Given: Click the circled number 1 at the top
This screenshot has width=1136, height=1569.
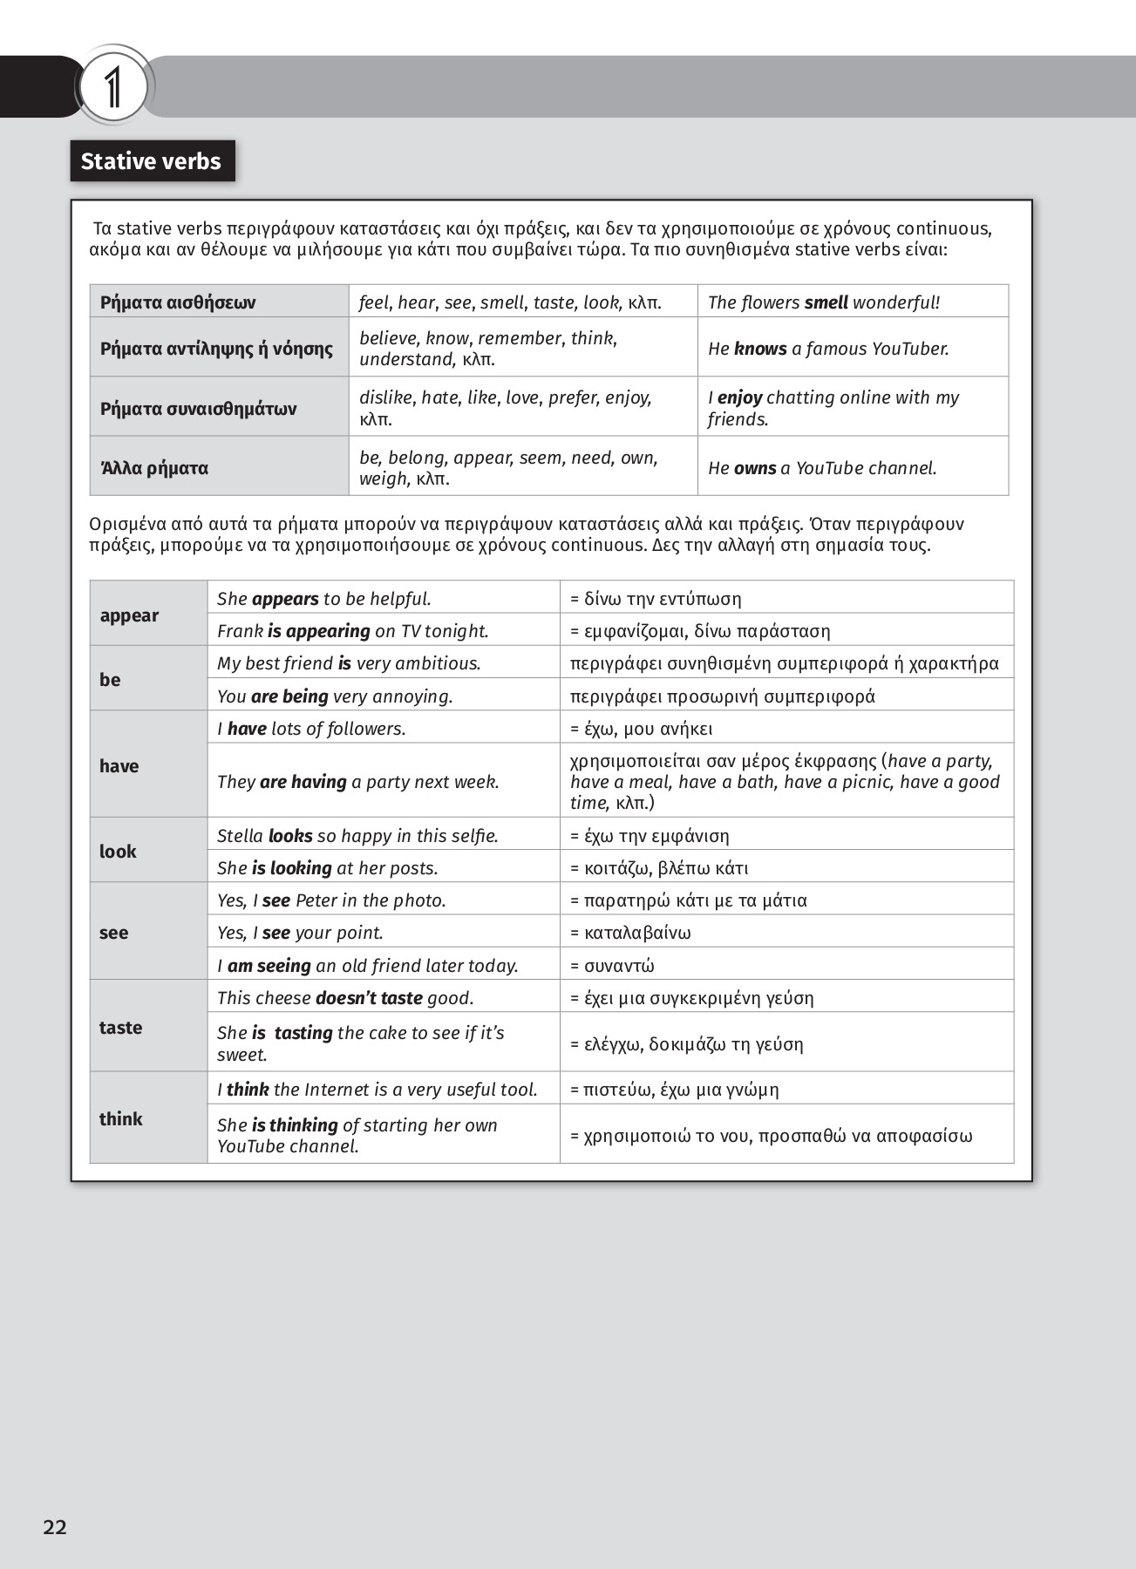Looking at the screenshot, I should pyautogui.click(x=113, y=87).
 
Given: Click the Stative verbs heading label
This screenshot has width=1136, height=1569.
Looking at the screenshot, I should pyautogui.click(x=152, y=161).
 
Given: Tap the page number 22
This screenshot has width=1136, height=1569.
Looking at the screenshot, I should pyautogui.click(x=55, y=1526).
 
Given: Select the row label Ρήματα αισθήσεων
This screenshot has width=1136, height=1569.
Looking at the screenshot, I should pyautogui.click(x=178, y=302).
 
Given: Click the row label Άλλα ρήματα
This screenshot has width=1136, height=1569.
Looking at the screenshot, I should pyautogui.click(x=154, y=468).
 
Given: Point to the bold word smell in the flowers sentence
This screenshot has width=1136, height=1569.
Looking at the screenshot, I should pyautogui.click(x=826, y=302).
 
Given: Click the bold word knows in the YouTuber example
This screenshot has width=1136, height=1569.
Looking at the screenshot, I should pyautogui.click(x=760, y=349).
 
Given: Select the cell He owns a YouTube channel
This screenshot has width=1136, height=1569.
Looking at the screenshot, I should pyautogui.click(x=822, y=468).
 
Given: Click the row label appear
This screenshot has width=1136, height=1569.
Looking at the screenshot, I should pyautogui.click(x=129, y=615).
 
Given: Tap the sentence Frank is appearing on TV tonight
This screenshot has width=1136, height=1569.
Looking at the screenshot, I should pyautogui.click(x=352, y=631).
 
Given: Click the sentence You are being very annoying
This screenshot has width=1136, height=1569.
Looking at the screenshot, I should pyautogui.click(x=335, y=696).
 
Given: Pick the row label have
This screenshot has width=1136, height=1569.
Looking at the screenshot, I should pyautogui.click(x=119, y=766).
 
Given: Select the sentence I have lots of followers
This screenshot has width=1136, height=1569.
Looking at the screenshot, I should pyautogui.click(x=311, y=729).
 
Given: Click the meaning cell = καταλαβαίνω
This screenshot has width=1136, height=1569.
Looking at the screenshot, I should pyautogui.click(x=630, y=933).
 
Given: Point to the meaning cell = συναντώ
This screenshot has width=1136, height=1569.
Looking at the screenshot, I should pyautogui.click(x=612, y=966).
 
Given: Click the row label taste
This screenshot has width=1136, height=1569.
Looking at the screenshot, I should pyautogui.click(x=120, y=1028).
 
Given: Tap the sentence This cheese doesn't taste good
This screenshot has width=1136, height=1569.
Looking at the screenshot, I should pyautogui.click(x=345, y=998).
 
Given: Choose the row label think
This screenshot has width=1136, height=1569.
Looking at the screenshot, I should pyautogui.click(x=120, y=1119).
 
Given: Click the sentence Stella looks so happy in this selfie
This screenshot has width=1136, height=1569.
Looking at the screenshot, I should pyautogui.click(x=357, y=836).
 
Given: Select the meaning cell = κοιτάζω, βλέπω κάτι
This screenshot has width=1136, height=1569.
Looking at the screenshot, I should pyautogui.click(x=659, y=868).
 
